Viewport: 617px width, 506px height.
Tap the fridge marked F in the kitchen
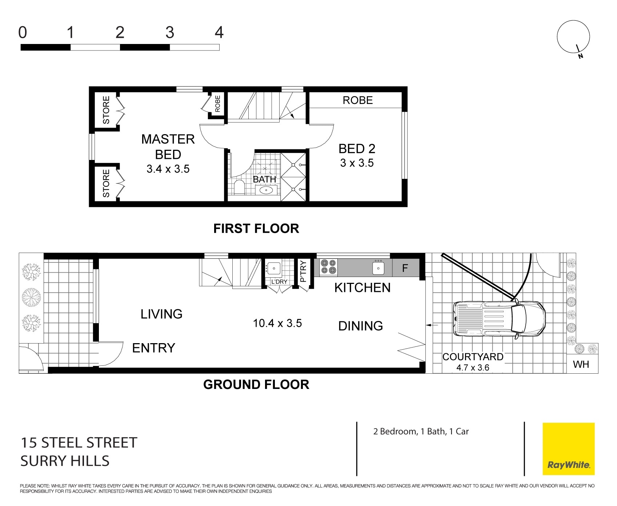(405, 268)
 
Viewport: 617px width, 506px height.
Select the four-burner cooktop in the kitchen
(328, 267)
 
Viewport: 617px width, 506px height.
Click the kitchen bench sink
(378, 268)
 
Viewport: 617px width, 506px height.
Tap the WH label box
(581, 364)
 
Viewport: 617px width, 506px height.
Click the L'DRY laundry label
(279, 281)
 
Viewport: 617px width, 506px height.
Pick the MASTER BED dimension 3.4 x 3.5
(168, 169)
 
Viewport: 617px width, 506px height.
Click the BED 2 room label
(357, 149)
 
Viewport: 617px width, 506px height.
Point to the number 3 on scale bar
(169, 33)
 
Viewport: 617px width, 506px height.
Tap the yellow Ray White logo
(569, 449)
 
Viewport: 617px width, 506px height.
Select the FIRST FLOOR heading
(256, 228)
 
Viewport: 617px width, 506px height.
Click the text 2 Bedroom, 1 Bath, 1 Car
(421, 431)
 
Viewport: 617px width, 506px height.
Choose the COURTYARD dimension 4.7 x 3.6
(473, 368)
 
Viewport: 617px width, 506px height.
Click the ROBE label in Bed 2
(358, 100)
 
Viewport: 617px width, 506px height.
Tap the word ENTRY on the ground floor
(153, 348)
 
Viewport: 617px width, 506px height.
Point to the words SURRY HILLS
(65, 461)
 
